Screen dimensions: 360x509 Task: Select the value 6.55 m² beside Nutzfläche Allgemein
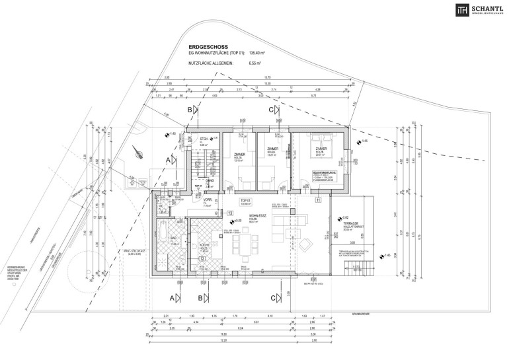(256, 64)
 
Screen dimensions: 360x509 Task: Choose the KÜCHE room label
(204, 248)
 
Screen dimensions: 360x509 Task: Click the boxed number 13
(230, 213)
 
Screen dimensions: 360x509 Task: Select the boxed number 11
(318, 199)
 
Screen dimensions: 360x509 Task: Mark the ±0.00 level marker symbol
(230, 221)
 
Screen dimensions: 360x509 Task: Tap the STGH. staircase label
(204, 139)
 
